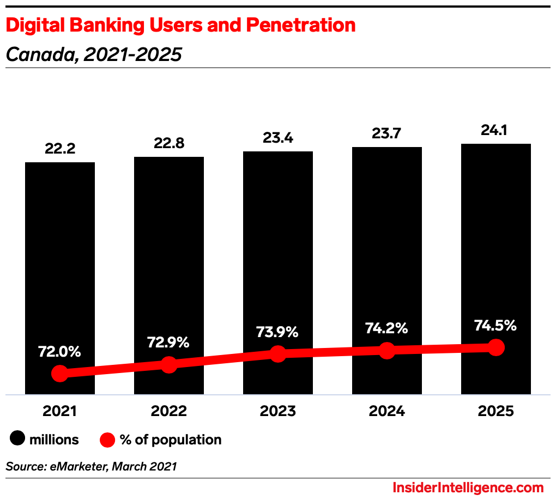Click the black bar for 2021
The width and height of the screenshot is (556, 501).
60,261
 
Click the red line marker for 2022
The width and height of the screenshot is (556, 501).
169,364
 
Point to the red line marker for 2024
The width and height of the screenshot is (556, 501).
387,350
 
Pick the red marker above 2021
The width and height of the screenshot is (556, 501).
60,374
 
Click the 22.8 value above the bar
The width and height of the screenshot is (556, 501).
169,143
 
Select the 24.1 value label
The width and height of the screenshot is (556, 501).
496,130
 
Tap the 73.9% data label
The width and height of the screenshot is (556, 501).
278,332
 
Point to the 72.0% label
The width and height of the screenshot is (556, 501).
60,351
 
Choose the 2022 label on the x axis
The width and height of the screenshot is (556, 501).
169,411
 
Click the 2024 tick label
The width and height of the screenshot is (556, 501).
387,411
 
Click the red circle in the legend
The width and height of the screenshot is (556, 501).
107,439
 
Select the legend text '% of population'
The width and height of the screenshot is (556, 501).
171,439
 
